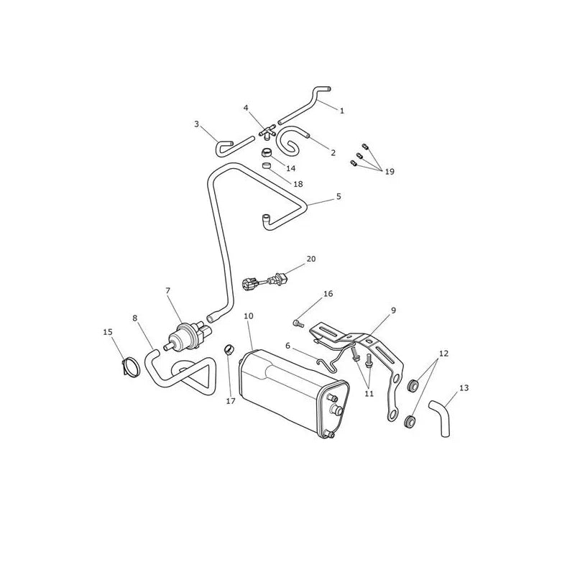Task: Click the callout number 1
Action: point(342,111)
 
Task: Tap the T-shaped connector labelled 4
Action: point(267,132)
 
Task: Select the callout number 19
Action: point(390,172)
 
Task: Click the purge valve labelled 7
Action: point(190,333)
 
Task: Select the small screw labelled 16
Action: point(298,323)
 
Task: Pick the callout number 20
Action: point(311,259)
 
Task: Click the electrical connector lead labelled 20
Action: point(262,283)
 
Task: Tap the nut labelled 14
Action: point(266,152)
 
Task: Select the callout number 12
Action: point(443,354)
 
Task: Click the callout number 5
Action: point(339,196)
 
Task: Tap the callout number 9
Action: point(393,310)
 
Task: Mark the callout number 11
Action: point(369,393)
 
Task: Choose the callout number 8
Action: point(135,318)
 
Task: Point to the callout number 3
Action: point(196,124)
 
